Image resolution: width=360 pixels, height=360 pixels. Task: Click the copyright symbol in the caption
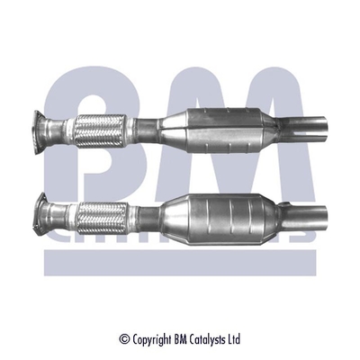124,339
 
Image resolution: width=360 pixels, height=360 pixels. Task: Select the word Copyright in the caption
157,340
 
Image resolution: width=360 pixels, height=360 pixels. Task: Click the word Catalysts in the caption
211,339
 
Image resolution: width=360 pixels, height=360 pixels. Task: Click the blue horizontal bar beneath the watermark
180,261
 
